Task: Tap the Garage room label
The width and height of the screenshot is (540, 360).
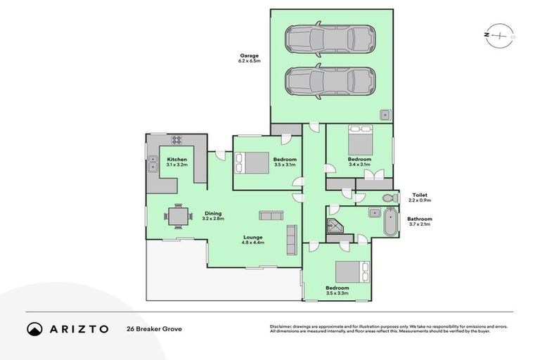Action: pyautogui.click(x=249, y=56)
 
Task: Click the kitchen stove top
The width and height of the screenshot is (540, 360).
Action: pyautogui.click(x=176, y=139)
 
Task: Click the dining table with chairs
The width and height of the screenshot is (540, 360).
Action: pyautogui.click(x=177, y=216)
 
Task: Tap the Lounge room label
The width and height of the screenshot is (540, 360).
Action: pyautogui.click(x=254, y=237)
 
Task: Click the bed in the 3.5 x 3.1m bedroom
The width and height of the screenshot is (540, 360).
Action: pyautogui.click(x=252, y=162)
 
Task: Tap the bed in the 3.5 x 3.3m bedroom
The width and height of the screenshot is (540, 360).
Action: pyautogui.click(x=352, y=271)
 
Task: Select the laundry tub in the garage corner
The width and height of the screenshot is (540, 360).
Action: pyautogui.click(x=386, y=115)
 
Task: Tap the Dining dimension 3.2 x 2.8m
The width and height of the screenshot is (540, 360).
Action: pyautogui.click(x=212, y=219)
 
